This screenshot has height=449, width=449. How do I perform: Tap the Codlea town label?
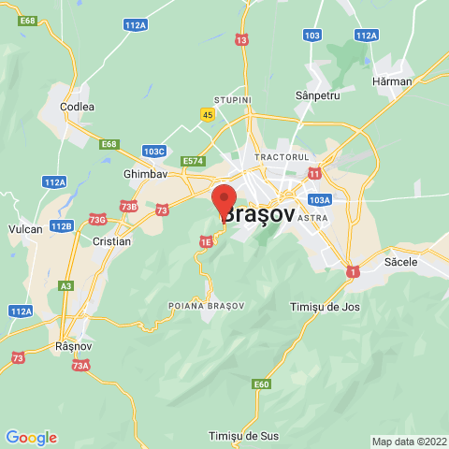[x=77, y=107]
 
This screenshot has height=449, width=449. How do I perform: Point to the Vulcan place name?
[x=25, y=228]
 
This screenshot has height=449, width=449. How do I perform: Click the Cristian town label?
[x=112, y=240]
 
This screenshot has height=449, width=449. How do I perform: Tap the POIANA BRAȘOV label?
[x=206, y=306]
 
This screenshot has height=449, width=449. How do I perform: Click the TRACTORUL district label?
[x=282, y=156]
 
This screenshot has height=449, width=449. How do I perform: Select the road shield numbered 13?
[x=242, y=40]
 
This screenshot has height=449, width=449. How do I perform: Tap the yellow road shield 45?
[x=206, y=113]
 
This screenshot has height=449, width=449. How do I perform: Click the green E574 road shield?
[x=193, y=161]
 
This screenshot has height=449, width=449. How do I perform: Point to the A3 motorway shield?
[x=65, y=285]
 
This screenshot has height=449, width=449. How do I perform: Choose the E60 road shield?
[x=262, y=384]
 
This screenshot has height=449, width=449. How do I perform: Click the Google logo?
[x=31, y=437]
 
